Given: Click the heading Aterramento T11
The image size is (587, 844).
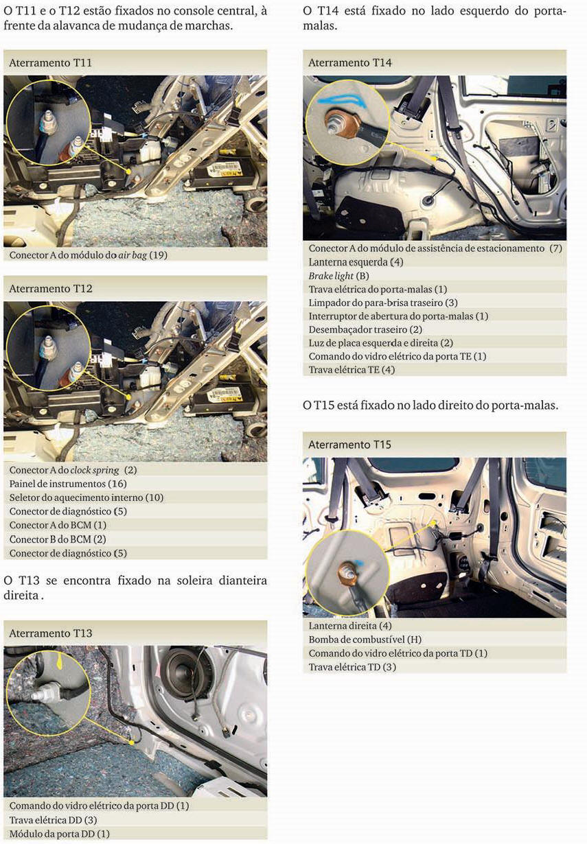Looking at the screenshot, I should [x=51, y=62].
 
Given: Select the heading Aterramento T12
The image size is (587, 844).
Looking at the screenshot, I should [x=51, y=289].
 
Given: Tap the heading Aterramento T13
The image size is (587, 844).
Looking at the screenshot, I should [x=51, y=633].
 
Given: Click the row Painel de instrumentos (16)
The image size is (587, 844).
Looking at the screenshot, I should [x=67, y=484].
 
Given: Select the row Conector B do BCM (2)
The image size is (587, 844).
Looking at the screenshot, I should [x=58, y=539].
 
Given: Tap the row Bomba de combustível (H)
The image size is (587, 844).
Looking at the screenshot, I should [x=365, y=640].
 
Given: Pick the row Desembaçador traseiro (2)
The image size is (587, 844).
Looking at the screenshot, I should [x=365, y=329].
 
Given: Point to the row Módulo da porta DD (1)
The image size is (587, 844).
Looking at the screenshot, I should [x=60, y=834].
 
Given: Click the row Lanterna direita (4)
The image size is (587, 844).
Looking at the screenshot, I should [x=350, y=626].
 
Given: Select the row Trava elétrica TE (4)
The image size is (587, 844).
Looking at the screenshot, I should [x=352, y=370].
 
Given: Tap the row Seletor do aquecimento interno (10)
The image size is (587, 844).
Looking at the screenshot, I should [x=87, y=497].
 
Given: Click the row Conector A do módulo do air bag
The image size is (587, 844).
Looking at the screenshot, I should [x=89, y=255].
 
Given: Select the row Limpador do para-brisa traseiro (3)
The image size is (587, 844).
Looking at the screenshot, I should [x=383, y=303].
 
